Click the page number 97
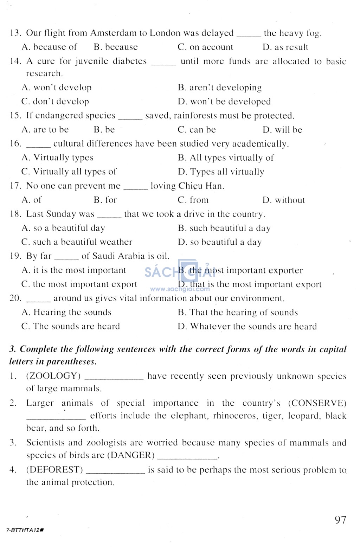click(x=340, y=520)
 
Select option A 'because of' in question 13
click(x=49, y=47)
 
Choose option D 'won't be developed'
click(x=224, y=102)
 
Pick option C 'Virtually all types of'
click(x=69, y=172)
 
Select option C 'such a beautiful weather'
click(x=77, y=242)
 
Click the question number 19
click(x=15, y=256)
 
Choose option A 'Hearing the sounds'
click(x=66, y=312)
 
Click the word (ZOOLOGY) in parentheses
click(x=53, y=376)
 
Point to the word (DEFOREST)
click(x=54, y=470)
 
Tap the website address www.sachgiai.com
click(x=180, y=289)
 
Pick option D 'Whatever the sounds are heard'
click(x=247, y=326)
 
